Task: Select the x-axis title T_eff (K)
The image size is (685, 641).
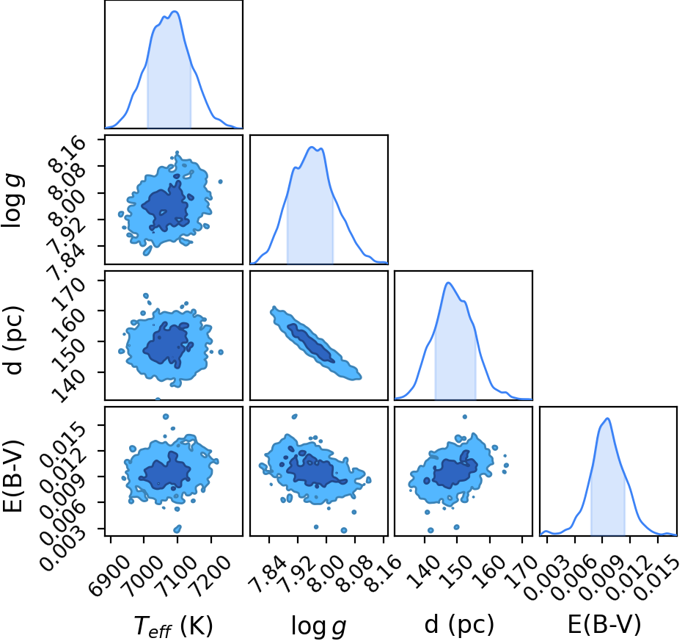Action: pos(173,626)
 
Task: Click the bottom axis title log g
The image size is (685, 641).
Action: pos(319,626)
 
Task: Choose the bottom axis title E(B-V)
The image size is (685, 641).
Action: pos(604,624)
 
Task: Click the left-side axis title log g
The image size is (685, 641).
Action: pos(13,200)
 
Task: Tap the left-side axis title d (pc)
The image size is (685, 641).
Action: pos(13,340)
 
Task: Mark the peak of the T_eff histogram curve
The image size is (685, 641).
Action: pos(175,11)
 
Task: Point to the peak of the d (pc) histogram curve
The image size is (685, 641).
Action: pos(448,283)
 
